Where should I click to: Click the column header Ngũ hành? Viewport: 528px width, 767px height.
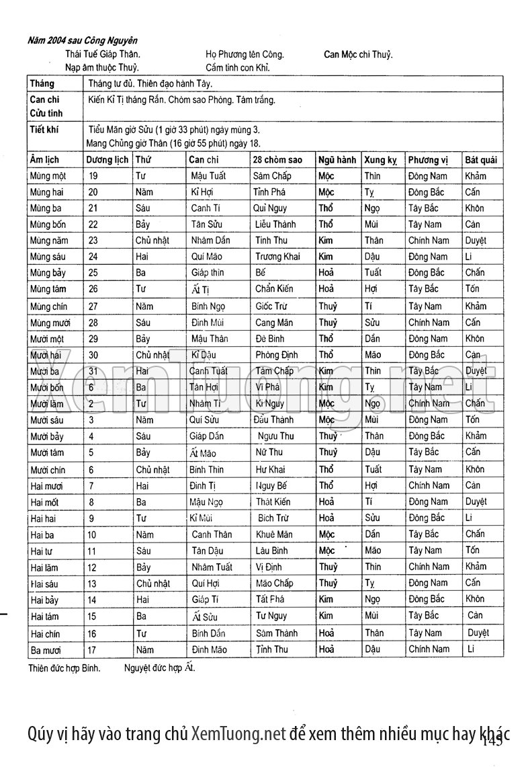click(x=337, y=160)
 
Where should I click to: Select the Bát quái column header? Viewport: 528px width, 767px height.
click(x=481, y=160)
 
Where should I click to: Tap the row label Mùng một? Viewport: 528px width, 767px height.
click(x=48, y=176)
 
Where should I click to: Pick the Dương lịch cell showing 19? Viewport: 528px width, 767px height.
click(x=93, y=176)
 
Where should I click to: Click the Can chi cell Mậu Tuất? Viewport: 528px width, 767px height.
click(x=208, y=176)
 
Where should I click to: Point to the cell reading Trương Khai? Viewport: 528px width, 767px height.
click(x=277, y=257)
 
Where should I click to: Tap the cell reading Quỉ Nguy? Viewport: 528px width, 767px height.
click(x=270, y=208)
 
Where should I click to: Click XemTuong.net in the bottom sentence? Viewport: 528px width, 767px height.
click(x=238, y=733)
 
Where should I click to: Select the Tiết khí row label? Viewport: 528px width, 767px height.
click(x=44, y=130)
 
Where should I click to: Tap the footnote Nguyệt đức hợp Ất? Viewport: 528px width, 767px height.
click(x=160, y=669)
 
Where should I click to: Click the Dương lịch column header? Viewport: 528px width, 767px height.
click(x=107, y=160)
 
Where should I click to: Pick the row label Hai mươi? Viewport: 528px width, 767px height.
click(x=46, y=485)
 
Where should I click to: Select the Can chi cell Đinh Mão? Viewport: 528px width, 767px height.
click(x=210, y=650)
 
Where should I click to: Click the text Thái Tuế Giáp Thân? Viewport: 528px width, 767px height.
click(x=103, y=54)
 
